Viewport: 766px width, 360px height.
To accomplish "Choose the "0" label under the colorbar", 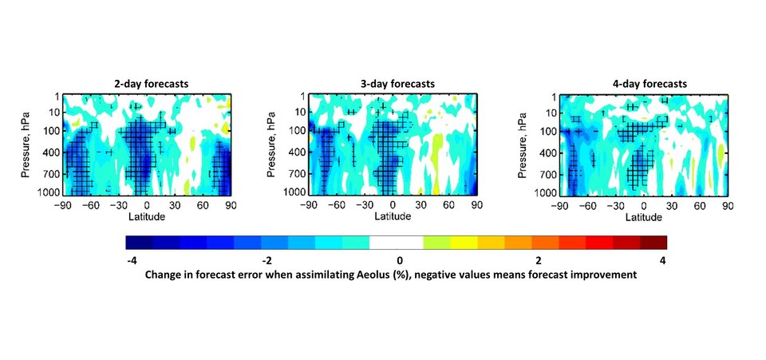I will point(399,260).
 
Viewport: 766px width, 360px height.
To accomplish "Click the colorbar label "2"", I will point(538,260).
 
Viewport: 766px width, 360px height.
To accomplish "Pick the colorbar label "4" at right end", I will point(663,260).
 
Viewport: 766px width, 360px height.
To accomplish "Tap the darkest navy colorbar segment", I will point(139,243).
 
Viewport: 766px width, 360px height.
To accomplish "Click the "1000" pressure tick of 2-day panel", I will point(50,194).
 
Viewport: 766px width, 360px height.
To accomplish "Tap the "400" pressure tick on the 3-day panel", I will point(298,152).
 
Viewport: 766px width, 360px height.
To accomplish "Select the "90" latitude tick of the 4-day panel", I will point(727,205).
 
